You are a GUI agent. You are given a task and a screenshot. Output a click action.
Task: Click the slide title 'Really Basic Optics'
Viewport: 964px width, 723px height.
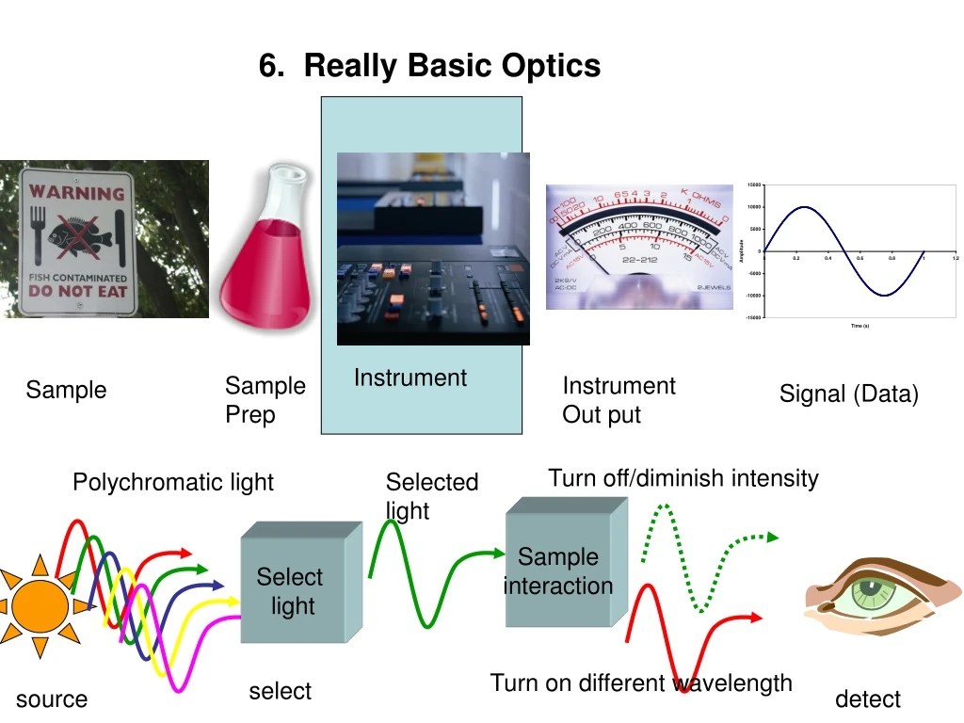(x=429, y=66)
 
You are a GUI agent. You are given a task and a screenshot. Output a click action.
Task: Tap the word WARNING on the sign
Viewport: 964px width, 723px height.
(x=76, y=193)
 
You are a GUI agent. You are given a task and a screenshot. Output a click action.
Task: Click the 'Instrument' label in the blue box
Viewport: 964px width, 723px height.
(x=410, y=378)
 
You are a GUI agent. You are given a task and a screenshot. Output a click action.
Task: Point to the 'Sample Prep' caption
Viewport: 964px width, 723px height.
(x=265, y=400)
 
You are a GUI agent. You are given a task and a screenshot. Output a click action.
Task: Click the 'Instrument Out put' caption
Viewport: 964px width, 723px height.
(x=619, y=400)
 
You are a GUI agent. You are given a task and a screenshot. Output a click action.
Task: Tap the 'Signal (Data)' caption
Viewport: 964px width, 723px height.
(x=848, y=394)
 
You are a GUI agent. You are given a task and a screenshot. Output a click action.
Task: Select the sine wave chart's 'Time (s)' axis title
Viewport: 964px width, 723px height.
(x=859, y=326)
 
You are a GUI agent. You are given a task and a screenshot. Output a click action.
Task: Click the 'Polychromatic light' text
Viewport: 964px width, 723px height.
(x=173, y=483)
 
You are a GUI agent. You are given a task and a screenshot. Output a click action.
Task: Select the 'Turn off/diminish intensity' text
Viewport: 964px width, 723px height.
(x=683, y=478)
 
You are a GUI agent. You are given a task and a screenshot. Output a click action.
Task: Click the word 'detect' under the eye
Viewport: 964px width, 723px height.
(x=867, y=699)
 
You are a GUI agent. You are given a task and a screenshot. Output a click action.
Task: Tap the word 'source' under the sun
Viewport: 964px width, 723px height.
(x=52, y=699)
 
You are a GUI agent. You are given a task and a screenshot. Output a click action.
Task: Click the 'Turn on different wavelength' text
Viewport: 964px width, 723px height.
(x=641, y=683)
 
